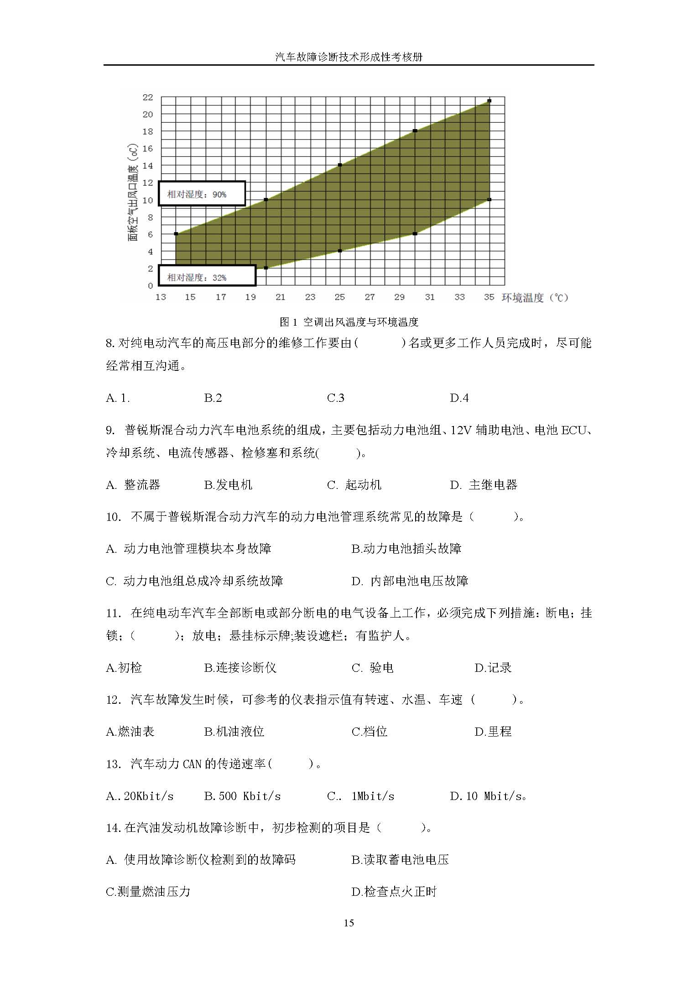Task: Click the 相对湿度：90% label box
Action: [202, 194]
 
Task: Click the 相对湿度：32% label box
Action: [207, 276]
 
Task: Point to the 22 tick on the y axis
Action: [148, 97]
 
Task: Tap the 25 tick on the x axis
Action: [340, 297]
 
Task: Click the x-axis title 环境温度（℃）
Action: [535, 298]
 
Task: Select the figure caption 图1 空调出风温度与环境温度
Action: [349, 322]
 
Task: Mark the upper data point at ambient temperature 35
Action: [489, 101]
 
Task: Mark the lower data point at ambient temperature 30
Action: [415, 234]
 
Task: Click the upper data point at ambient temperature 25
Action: [340, 165]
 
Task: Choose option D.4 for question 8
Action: [459, 398]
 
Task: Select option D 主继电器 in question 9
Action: [484, 485]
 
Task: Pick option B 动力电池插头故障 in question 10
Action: [406, 549]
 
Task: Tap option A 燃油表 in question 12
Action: [130, 732]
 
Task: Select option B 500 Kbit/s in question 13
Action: [242, 796]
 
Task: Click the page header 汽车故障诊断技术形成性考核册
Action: [349, 57]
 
